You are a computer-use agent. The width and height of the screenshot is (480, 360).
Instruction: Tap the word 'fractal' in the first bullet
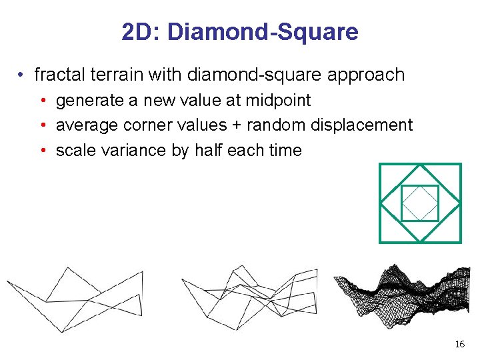[56, 75]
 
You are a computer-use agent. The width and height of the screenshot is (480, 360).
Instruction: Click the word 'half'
[208, 150]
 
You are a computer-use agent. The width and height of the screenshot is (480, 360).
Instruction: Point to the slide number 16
[459, 344]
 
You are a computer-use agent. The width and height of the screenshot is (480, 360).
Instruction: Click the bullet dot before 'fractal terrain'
[22, 75]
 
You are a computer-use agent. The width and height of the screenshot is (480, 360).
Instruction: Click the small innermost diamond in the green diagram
[420, 203]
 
